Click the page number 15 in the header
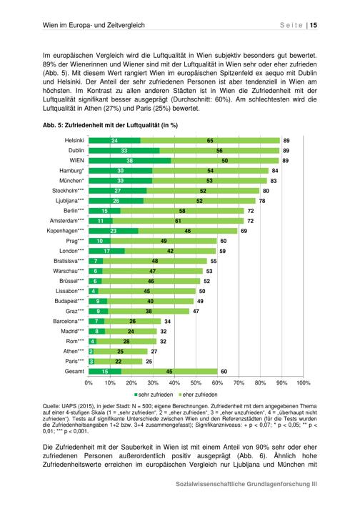click(x=314, y=25)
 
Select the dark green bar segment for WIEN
click(x=130, y=160)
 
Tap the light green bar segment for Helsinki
click(x=210, y=141)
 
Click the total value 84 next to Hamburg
click(x=275, y=170)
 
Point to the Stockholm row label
click(x=68, y=191)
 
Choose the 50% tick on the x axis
click(x=196, y=382)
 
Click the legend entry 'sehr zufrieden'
click(x=154, y=395)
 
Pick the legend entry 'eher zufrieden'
click(x=198, y=395)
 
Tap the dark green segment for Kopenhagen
click(x=113, y=231)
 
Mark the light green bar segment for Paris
click(x=119, y=361)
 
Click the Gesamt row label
click(x=74, y=371)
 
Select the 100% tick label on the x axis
click(x=304, y=382)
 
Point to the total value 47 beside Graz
click(x=196, y=311)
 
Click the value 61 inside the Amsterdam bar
click(x=178, y=221)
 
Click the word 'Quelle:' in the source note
click(x=51, y=406)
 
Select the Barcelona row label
click(x=69, y=321)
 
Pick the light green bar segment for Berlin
click(x=182, y=211)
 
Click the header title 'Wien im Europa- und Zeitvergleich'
click(x=94, y=25)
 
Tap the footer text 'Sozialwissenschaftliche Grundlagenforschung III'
click(x=246, y=484)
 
